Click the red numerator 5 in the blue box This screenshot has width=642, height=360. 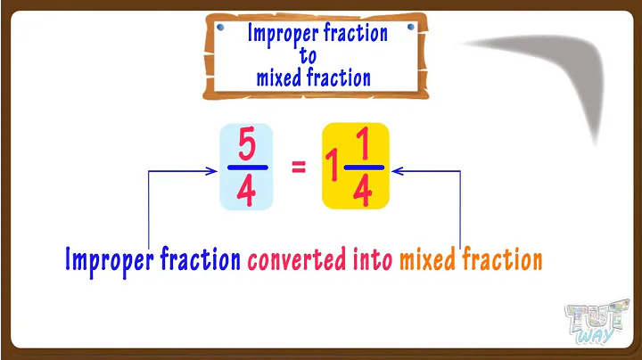click(x=247, y=144)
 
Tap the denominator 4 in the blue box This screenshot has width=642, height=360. click(x=247, y=191)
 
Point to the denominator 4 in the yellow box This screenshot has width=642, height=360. click(x=363, y=191)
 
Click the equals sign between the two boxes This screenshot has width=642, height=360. click(x=299, y=166)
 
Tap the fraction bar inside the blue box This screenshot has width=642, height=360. click(x=247, y=168)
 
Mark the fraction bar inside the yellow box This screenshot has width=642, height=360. click(x=363, y=168)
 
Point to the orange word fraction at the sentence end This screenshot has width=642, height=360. click(x=506, y=259)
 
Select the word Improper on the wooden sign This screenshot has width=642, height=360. click(x=279, y=35)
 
